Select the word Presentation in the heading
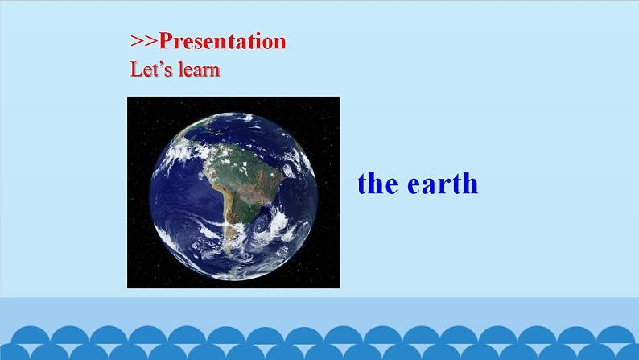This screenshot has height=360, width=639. tap(221, 41)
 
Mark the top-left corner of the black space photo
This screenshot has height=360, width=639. tap(129, 98)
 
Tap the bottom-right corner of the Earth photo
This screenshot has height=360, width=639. tap(339, 287)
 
